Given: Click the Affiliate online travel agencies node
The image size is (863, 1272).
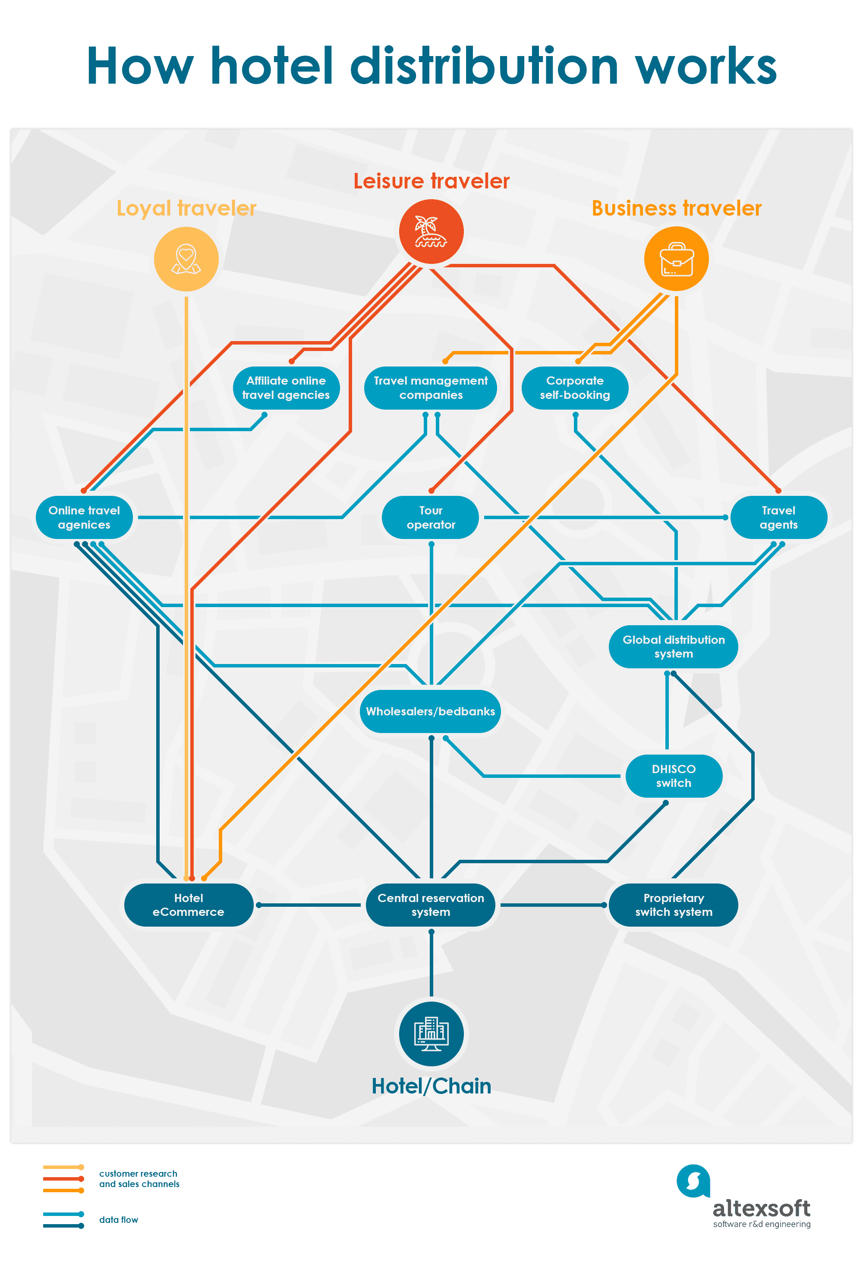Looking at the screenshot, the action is pyautogui.click(x=286, y=388).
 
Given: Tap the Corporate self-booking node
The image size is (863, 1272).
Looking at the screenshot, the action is pyautogui.click(x=575, y=388).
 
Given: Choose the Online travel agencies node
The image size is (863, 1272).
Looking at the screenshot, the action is pyautogui.click(x=84, y=517).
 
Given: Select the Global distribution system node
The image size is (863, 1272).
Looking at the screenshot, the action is pyautogui.click(x=673, y=646).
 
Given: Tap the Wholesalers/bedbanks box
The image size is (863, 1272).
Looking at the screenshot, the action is pyautogui.click(x=430, y=711).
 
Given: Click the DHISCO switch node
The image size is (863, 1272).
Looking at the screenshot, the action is pyautogui.click(x=674, y=776).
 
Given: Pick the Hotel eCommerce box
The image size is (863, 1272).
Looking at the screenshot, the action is pyautogui.click(x=189, y=905).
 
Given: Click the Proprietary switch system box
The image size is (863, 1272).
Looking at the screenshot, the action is pyautogui.click(x=673, y=905).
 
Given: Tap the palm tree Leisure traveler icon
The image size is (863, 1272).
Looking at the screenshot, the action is pyautogui.click(x=431, y=232).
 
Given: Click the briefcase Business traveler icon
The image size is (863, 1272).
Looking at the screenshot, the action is pyautogui.click(x=676, y=259).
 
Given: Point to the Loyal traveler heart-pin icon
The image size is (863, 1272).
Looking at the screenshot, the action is pyautogui.click(x=186, y=259).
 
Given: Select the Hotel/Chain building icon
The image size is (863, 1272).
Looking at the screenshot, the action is pyautogui.click(x=431, y=1034).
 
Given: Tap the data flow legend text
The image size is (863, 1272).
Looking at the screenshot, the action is pyautogui.click(x=118, y=1219).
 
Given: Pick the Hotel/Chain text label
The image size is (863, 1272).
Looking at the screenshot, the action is pyautogui.click(x=431, y=1086).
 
